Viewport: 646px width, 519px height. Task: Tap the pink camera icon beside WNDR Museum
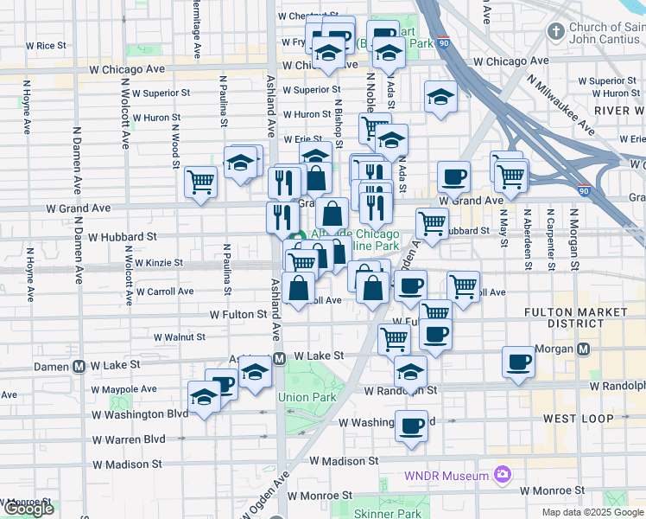click(501, 474)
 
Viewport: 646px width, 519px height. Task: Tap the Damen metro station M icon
click(79, 366)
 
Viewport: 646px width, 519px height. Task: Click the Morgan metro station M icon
click(583, 349)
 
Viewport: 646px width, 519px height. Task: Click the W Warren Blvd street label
click(130, 439)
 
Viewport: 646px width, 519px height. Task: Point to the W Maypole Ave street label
click(125, 389)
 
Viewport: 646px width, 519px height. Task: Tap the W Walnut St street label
click(184, 337)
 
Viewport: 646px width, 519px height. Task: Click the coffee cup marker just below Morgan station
click(520, 362)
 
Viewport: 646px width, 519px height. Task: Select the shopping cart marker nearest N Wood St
click(200, 183)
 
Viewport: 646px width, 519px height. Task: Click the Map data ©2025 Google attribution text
click(593, 512)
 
